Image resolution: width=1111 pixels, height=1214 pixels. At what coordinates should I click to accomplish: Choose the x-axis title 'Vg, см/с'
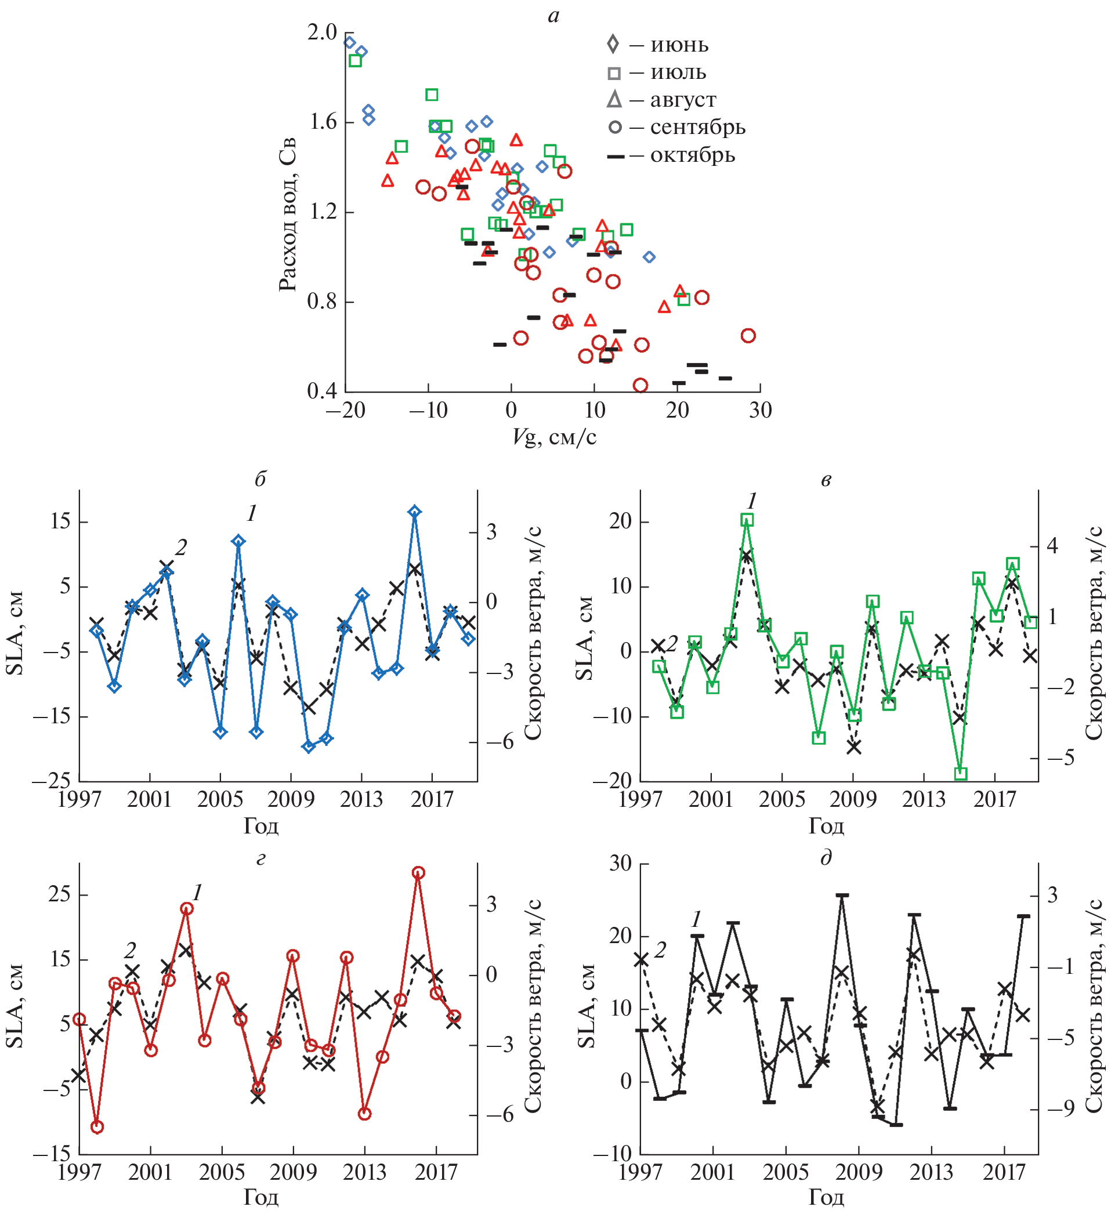click(x=554, y=437)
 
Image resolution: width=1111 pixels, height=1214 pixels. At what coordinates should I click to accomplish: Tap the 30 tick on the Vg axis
click(x=760, y=411)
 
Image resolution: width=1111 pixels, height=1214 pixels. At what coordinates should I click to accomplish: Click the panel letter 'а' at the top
click(x=553, y=16)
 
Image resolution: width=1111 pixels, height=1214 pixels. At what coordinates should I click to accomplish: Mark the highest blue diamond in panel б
click(x=414, y=512)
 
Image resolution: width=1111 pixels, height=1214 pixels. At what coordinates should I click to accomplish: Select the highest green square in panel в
click(x=747, y=520)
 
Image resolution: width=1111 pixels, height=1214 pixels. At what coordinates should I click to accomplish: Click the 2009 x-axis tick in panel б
click(x=291, y=800)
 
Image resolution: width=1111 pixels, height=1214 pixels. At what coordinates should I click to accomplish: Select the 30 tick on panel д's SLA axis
click(x=620, y=864)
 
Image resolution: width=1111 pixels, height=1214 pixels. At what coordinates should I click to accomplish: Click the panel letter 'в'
click(x=826, y=479)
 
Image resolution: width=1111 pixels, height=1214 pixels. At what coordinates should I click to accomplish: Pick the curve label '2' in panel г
click(x=130, y=950)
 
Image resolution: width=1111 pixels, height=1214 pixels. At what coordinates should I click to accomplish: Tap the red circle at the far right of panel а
click(x=748, y=336)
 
